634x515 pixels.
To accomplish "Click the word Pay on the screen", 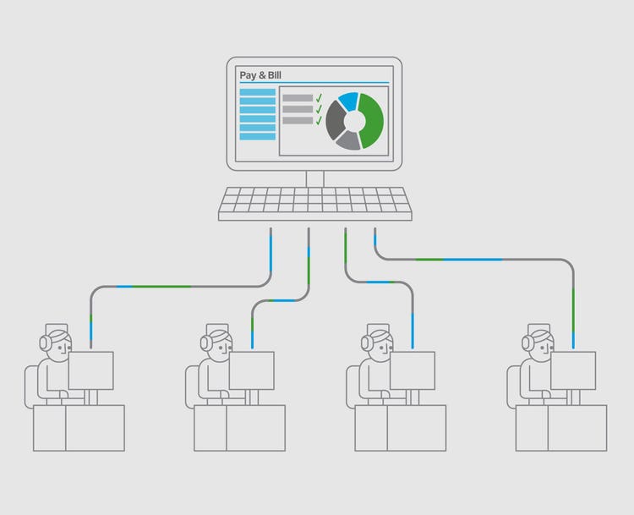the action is point(248,75).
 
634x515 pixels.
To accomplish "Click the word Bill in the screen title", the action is point(275,75).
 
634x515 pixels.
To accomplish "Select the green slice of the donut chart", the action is point(371,121).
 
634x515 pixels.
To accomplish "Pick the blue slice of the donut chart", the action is point(348,101).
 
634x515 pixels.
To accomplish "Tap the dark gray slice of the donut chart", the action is point(336,120).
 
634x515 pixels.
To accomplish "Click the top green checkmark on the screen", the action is point(319,97).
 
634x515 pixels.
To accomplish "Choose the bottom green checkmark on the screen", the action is point(319,120).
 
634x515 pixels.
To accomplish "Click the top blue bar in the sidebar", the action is point(258,92).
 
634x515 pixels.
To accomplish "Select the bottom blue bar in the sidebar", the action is point(258,136).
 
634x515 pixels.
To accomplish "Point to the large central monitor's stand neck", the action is point(315,178).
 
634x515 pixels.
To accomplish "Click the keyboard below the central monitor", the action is point(315,204).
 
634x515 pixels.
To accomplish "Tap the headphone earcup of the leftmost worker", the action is point(44,343).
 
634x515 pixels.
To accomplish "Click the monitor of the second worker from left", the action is point(252,370).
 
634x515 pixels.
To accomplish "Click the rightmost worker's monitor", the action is point(573,370).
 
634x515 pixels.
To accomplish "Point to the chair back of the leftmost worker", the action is point(30,386).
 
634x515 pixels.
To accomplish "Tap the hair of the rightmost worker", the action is point(542,336).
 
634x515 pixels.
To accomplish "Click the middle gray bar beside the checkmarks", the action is point(298,109).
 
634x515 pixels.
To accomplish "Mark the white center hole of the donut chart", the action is point(354,121).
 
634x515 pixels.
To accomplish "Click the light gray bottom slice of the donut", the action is point(348,140).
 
